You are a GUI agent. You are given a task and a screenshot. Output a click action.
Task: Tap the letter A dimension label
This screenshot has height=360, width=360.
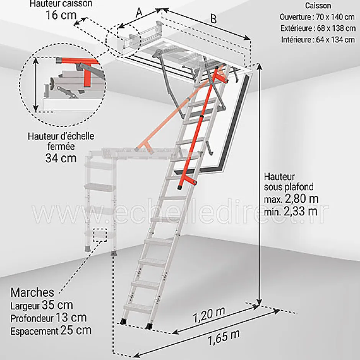139,12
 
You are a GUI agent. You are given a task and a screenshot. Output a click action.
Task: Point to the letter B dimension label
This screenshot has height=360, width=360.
213,20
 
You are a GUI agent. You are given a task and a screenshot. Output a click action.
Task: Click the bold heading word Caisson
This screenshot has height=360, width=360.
318,6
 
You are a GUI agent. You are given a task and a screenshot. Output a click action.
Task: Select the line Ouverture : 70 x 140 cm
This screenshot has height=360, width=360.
317,17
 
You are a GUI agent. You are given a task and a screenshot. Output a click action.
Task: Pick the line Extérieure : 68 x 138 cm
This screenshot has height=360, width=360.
317,28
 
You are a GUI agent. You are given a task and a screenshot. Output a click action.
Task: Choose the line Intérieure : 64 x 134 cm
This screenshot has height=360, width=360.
318,39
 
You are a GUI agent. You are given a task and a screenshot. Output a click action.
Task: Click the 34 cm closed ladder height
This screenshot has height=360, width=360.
61,157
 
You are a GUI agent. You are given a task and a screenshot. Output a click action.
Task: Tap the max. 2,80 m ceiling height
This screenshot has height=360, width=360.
291,199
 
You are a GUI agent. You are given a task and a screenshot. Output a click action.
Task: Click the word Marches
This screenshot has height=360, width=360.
32,293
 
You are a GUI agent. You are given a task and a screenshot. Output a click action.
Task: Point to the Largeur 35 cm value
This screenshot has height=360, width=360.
41,306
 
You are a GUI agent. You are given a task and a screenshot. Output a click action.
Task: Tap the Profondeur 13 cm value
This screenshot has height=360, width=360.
48,318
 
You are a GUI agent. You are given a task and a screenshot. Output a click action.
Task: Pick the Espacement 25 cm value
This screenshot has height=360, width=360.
51,330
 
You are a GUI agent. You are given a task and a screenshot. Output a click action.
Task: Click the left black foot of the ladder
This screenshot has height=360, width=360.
123,322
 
